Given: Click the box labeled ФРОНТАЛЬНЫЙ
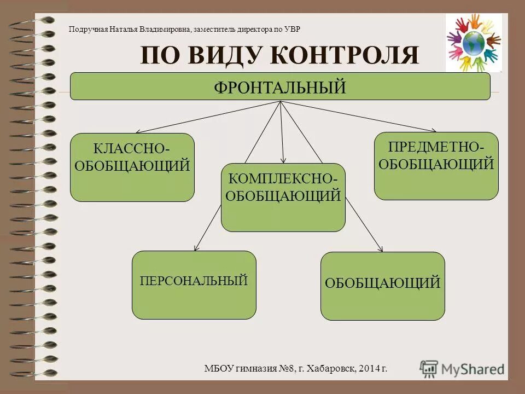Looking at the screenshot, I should tap(280, 86).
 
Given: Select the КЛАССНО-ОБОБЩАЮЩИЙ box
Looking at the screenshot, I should tap(132, 167).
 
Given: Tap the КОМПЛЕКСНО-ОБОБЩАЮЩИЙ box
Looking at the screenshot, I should tap(283, 197).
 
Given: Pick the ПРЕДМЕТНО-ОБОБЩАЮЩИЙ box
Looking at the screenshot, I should tap(436, 166).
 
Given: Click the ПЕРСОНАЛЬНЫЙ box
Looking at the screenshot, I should tap(194, 285).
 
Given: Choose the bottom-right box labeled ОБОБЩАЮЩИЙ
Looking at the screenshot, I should tap(382, 286).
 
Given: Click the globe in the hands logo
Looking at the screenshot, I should tap(474, 42).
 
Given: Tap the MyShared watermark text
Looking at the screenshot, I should tap(473, 369).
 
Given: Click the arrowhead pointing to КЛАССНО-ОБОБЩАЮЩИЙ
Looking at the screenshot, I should tap(138, 132).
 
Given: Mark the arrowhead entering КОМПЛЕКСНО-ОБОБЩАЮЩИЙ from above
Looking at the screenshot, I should tap(283, 160).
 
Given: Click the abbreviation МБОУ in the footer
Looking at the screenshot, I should tap(218, 369).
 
